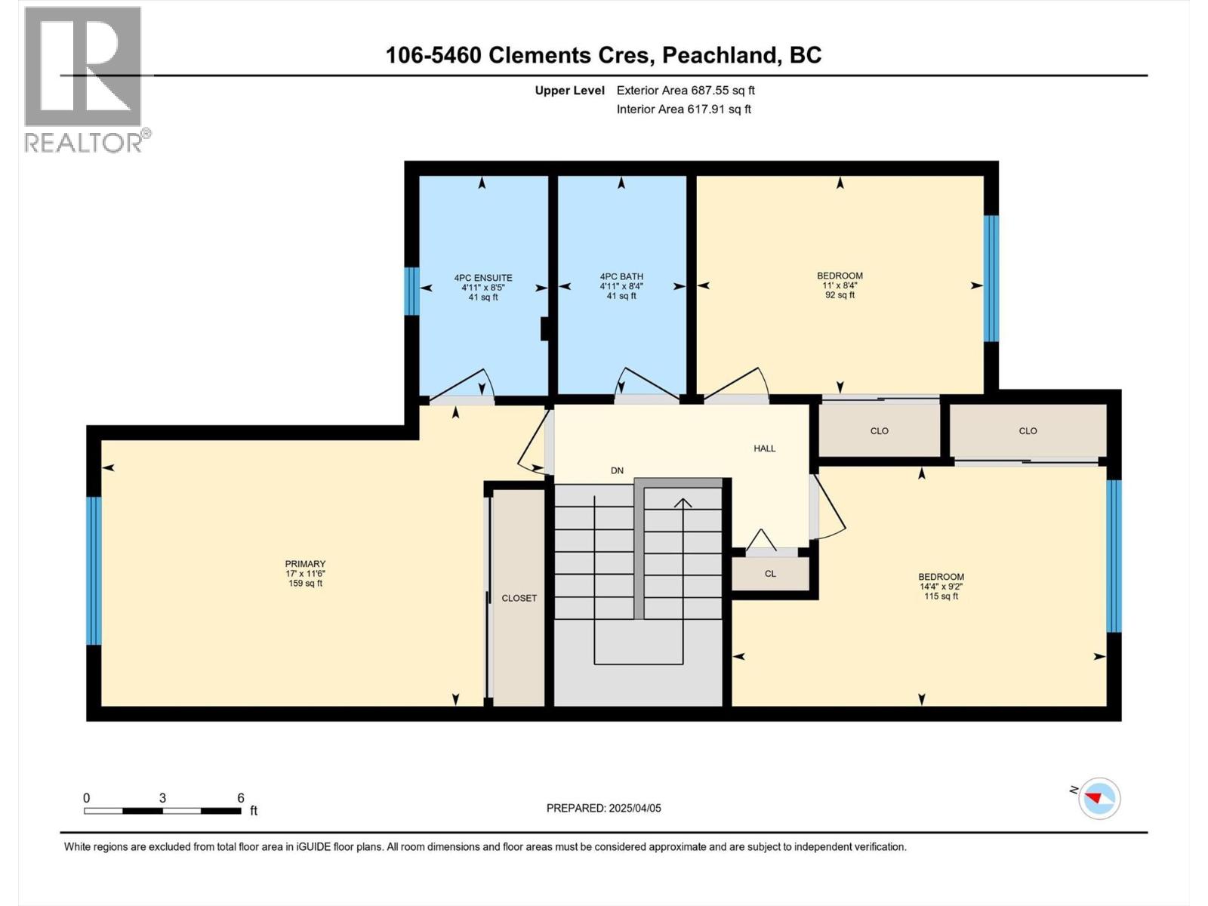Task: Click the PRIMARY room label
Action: pos(305,564)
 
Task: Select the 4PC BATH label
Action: pos(621,277)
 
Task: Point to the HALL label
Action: pos(764,448)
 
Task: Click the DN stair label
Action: pos(617,470)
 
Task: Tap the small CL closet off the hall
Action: pos(770,574)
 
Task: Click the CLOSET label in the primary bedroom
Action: pos(519,598)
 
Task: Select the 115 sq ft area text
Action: pos(941,596)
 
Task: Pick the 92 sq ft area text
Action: pos(840,295)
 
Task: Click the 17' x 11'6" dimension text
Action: pos(305,574)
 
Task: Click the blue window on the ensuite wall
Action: pos(411,291)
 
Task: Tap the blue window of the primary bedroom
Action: pos(94,571)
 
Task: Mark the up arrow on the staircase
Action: pos(683,504)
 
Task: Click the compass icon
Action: pos(1099,798)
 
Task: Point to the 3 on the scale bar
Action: pos(162,798)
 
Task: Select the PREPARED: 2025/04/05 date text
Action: pos(603,808)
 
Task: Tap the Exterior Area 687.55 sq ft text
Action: pos(686,91)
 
